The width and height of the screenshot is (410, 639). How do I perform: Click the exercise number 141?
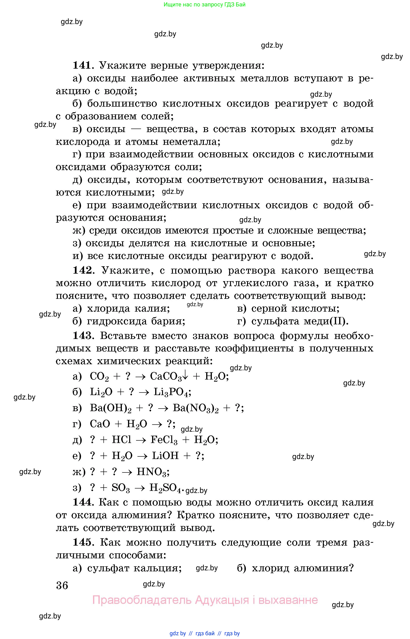click(82, 65)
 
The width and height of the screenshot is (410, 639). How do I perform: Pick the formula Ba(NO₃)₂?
click(195, 408)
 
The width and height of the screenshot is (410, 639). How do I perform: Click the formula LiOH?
click(165, 456)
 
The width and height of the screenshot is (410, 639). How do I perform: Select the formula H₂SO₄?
click(165, 488)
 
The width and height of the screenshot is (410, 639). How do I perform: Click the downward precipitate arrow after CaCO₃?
click(186, 376)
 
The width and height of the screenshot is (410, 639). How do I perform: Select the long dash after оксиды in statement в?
click(136, 129)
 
